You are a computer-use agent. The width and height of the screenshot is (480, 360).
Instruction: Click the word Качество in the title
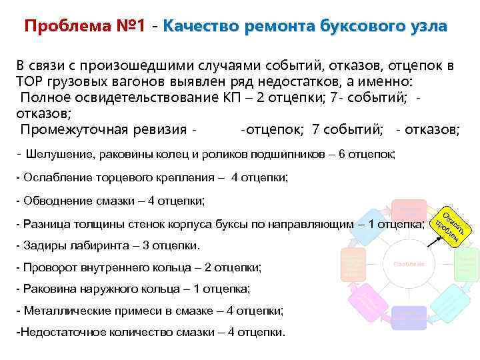point(201,27)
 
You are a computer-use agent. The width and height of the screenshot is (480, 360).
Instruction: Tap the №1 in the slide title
point(129,27)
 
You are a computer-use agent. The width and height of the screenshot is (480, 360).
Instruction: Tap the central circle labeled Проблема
point(409,264)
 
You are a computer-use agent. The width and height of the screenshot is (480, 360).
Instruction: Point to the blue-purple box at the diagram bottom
point(409,318)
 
